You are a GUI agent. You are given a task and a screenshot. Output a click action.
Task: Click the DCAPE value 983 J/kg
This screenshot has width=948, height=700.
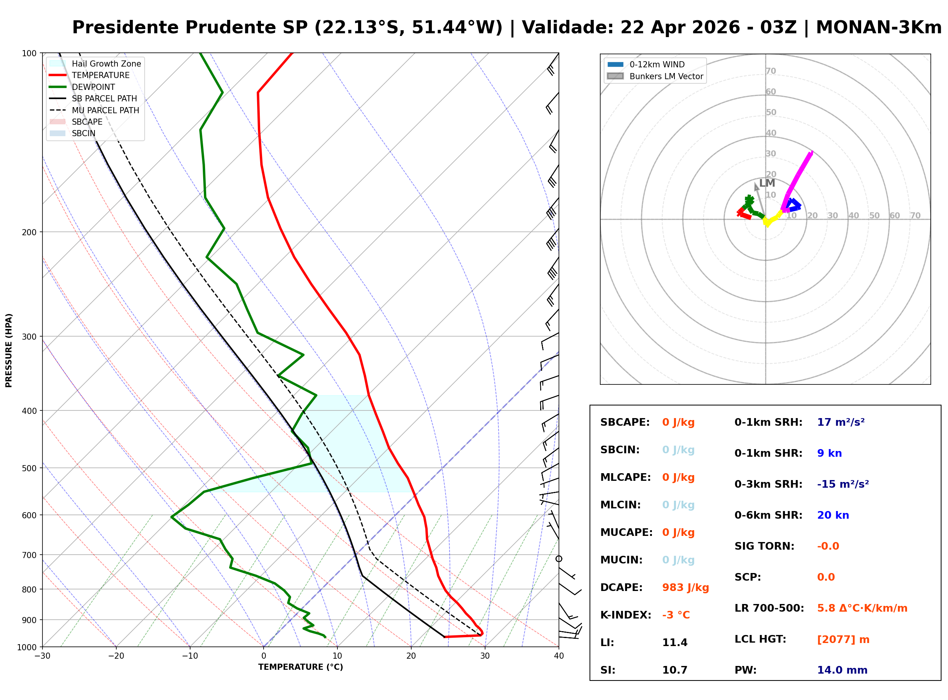point(685,588)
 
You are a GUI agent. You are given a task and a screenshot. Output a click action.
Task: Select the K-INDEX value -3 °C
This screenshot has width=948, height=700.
point(676,615)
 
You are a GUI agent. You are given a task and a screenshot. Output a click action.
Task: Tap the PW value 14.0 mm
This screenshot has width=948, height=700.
point(842,670)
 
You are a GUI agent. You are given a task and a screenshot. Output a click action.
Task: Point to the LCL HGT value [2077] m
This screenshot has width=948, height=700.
point(843,640)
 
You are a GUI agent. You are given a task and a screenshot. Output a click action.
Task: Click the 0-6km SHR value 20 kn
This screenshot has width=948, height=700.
point(833,516)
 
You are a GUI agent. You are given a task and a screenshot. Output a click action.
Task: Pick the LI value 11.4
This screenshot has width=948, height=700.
point(675,643)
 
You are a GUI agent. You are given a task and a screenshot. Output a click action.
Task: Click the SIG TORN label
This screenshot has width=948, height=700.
point(764,547)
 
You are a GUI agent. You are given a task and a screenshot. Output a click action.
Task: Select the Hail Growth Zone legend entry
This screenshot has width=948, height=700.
point(106,63)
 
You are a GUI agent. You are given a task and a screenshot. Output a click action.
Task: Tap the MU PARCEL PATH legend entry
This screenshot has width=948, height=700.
point(105,110)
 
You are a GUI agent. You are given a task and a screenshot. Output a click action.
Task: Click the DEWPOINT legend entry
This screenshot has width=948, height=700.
point(93,87)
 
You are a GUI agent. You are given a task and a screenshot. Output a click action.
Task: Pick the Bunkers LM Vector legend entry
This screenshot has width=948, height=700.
point(666,76)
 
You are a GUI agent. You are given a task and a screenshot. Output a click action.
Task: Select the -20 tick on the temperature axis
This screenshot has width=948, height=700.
point(116,656)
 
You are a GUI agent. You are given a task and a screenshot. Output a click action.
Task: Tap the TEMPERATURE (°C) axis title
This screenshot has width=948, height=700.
point(300,667)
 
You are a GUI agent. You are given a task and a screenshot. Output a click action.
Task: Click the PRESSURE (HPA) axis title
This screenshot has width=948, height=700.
point(9,350)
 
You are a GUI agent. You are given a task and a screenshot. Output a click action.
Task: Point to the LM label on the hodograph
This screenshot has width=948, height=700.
point(767,183)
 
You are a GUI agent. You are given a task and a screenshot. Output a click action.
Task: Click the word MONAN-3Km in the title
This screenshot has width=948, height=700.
point(878,28)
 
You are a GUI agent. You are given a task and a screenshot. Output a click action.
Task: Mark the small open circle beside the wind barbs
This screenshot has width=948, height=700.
point(559,559)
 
